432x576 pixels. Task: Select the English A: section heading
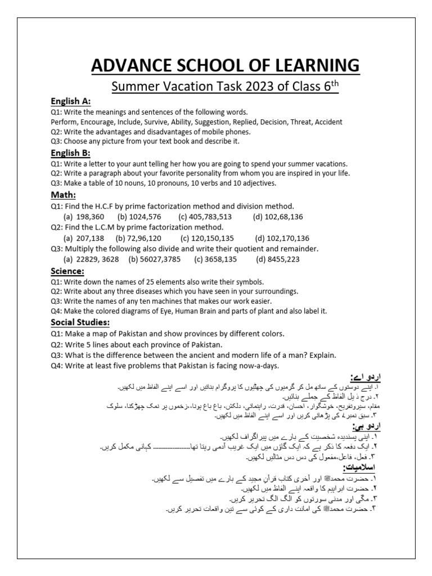point(71,101)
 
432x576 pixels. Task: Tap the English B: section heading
point(71,153)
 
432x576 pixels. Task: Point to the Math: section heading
point(63,195)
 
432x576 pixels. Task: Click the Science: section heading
point(67,271)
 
